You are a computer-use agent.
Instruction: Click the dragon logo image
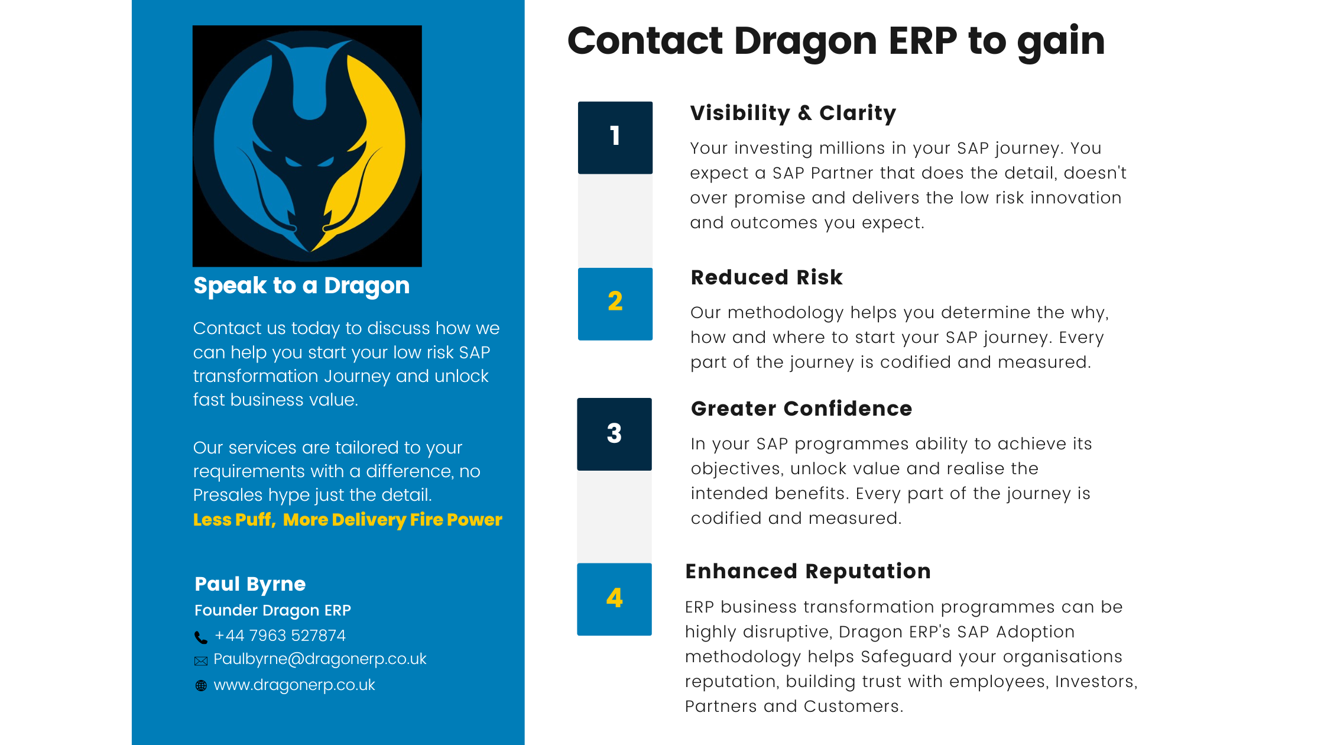point(307,145)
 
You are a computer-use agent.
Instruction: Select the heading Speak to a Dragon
point(301,286)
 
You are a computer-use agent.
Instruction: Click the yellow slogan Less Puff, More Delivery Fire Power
point(348,520)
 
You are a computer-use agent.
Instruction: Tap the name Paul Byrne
point(250,584)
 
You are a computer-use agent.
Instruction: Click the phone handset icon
point(201,637)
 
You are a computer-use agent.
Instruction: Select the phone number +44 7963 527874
point(280,636)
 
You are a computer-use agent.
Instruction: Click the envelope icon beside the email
point(201,661)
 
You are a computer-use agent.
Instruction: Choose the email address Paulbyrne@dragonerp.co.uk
point(320,659)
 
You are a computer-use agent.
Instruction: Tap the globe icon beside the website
point(201,686)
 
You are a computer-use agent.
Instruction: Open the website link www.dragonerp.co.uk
point(294,685)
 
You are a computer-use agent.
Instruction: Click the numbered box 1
point(615,137)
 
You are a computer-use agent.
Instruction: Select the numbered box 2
point(615,303)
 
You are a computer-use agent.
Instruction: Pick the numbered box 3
point(614,434)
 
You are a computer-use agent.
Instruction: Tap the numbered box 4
point(614,599)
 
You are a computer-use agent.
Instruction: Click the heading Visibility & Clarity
point(793,113)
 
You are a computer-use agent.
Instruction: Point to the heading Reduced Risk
point(767,277)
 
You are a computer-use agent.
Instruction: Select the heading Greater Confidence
point(801,409)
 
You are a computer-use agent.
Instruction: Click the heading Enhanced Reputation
point(808,571)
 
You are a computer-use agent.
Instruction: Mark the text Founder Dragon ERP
point(272,610)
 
